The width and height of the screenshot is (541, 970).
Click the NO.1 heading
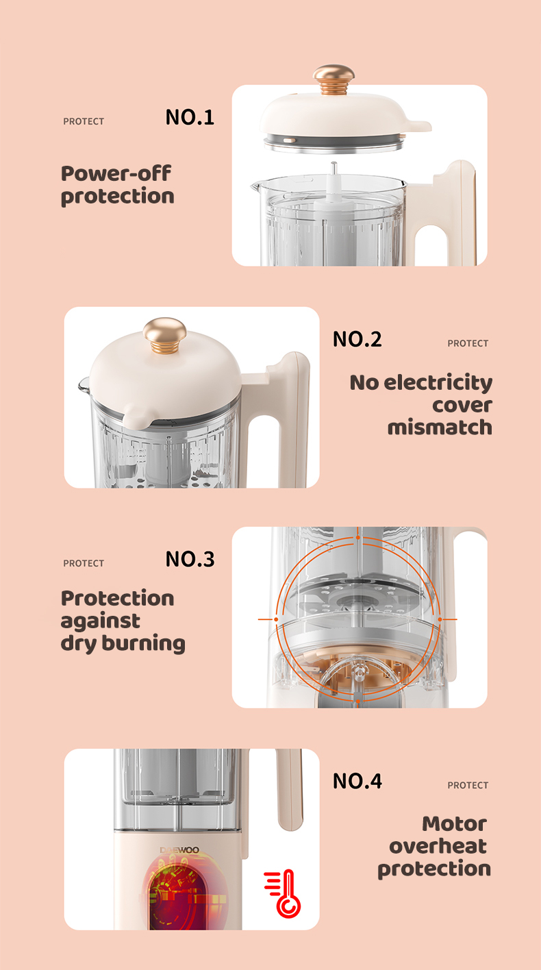point(190,117)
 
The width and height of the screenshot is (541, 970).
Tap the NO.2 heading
point(357,339)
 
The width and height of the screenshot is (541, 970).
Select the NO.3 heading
point(190,559)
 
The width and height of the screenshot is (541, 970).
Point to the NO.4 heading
point(357,781)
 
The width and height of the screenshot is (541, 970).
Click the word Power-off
point(116,173)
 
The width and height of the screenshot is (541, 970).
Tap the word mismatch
point(440,427)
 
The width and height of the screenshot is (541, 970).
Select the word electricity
point(438,383)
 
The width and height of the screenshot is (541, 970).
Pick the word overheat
point(438,846)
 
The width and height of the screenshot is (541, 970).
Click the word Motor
point(455,823)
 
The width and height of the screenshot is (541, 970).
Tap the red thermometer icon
point(283,893)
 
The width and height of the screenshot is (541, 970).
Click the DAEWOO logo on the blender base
point(179,850)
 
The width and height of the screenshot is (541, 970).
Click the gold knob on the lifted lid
point(334,79)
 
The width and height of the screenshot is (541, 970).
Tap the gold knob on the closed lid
point(164,336)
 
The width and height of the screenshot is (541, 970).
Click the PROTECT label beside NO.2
point(468,343)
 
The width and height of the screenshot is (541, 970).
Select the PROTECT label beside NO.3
point(84,563)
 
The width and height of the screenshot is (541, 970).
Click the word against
point(101,621)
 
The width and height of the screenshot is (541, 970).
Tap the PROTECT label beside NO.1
point(84,122)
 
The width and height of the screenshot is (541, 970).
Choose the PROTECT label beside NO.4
point(468,785)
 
